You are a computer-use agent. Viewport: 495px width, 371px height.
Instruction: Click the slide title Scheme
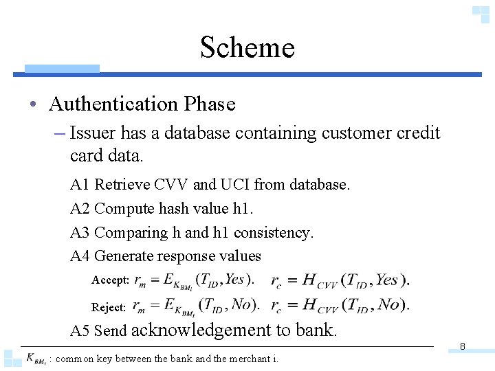247,47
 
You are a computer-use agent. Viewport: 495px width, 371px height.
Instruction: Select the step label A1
80,185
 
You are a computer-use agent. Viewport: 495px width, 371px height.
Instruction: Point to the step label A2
80,209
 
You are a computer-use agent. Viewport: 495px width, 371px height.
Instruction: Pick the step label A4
80,256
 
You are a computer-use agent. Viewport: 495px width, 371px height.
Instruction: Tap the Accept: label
110,280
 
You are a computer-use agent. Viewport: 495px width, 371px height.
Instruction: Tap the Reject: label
109,307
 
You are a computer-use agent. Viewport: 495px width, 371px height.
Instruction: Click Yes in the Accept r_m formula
236,279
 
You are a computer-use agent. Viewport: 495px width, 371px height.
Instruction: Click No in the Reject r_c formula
389,304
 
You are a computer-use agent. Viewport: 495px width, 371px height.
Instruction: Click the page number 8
463,347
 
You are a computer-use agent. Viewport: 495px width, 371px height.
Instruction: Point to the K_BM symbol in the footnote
36,359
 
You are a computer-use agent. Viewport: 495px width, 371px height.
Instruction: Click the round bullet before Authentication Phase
33,105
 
